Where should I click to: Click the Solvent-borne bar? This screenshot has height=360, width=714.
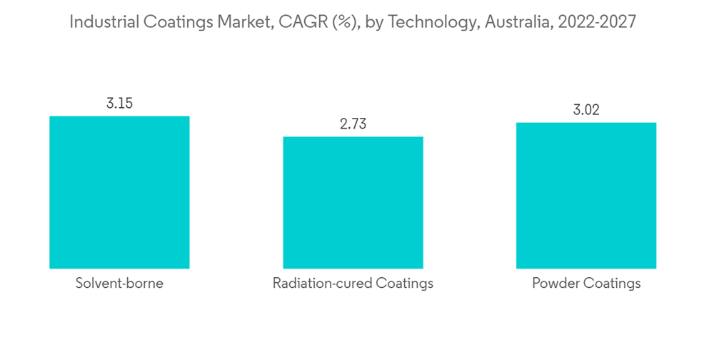tap(119, 192)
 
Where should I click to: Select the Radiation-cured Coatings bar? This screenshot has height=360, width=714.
tap(353, 202)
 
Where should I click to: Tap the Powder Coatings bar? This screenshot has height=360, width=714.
tap(586, 195)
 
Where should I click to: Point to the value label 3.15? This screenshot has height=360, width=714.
tap(119, 103)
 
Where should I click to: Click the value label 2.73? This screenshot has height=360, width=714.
tap(353, 124)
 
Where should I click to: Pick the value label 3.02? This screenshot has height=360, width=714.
tap(586, 110)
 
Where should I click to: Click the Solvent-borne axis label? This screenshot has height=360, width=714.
tap(119, 284)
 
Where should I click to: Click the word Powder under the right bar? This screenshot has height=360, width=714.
tap(555, 284)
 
